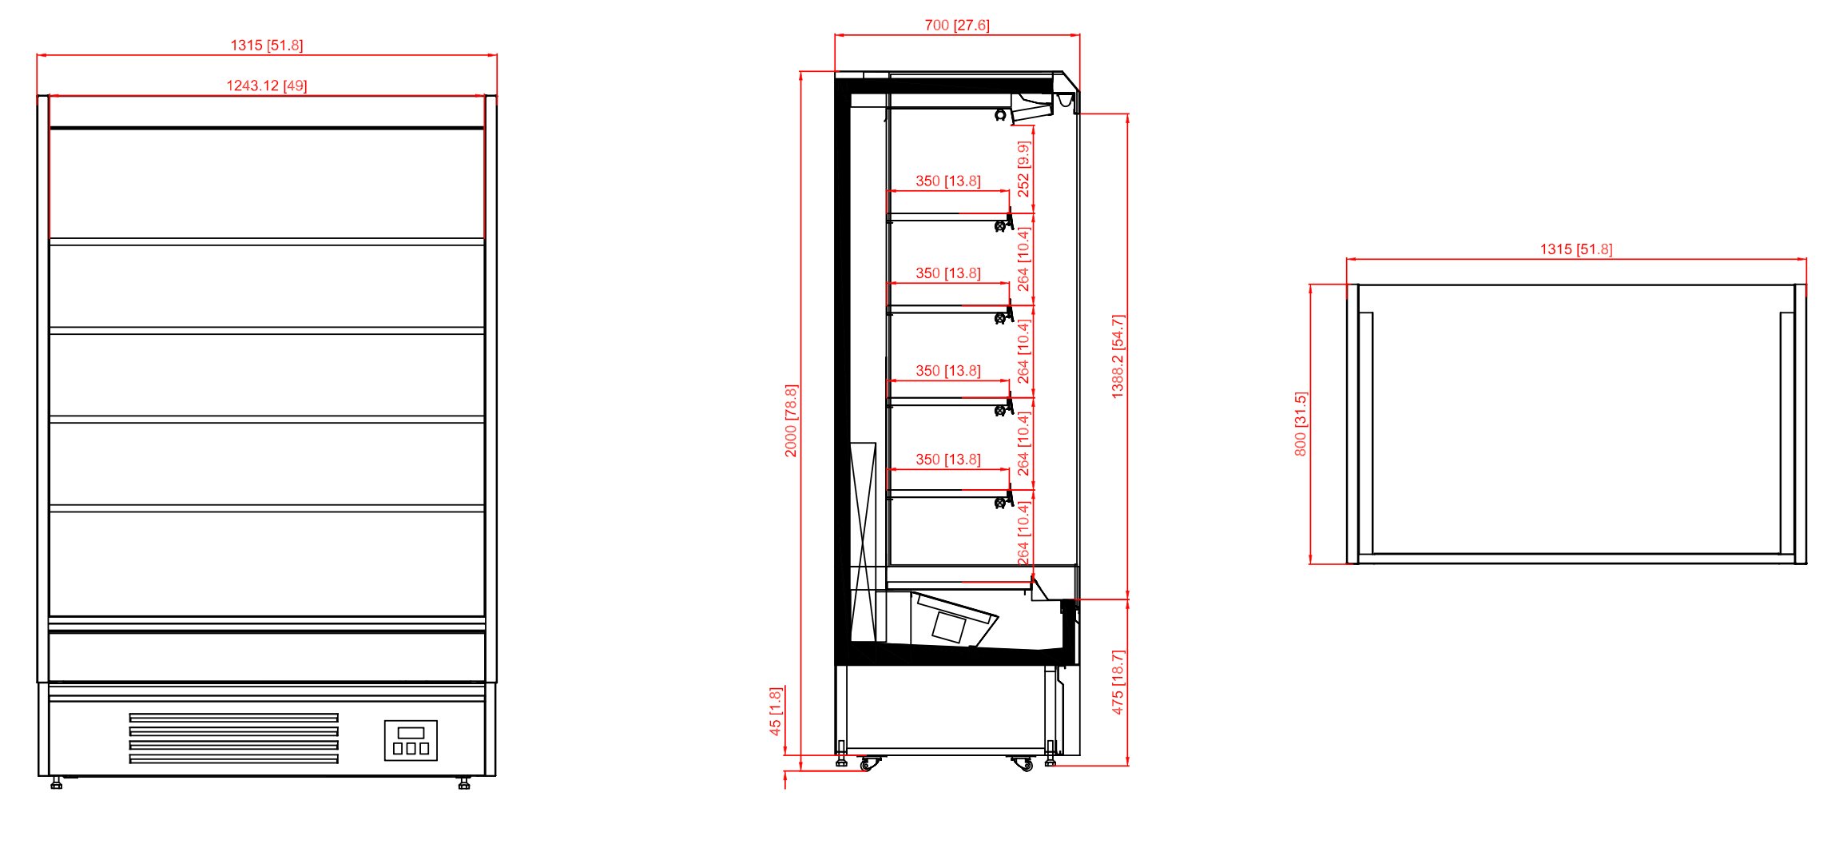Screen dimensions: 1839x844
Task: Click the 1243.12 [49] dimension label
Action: point(267,86)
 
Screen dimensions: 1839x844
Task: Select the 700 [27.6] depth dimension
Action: point(957,26)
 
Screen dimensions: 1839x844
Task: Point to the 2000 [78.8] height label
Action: point(791,420)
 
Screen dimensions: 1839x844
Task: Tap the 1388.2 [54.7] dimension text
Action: point(1118,356)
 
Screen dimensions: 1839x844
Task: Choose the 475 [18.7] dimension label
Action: point(1118,682)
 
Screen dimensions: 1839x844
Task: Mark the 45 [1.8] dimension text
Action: point(775,711)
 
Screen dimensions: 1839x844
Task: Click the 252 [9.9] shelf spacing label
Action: point(1023,169)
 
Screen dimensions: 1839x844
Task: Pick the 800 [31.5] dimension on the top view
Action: point(1301,424)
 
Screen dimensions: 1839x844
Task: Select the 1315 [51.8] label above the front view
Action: point(267,46)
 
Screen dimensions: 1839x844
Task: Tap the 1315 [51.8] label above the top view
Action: point(1576,249)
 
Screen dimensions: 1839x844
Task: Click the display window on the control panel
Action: point(411,733)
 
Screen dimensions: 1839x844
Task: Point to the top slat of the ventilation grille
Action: point(234,718)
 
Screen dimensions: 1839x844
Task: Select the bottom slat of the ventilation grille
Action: point(234,759)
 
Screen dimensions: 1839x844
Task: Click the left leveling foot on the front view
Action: point(56,783)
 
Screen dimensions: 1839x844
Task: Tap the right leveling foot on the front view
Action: point(464,783)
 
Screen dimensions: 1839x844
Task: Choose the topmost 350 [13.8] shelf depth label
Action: point(948,181)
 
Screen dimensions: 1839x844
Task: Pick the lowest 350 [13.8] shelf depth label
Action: point(948,460)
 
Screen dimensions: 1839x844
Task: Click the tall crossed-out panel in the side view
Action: point(863,542)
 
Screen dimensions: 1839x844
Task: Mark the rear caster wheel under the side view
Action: point(868,764)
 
